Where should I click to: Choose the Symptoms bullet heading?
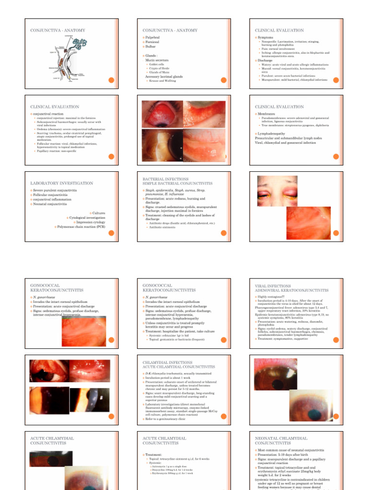pyautogui.click(x=265, y=37)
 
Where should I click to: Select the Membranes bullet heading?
pyautogui.click(x=268, y=114)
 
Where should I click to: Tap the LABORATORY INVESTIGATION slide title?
pyautogui.click(x=61, y=183)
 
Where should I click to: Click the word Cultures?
pyautogui.click(x=98, y=213)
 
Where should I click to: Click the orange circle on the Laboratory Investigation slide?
pyautogui.click(x=110, y=233)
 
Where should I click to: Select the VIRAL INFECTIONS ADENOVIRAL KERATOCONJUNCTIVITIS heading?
pyautogui.click(x=291, y=288)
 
